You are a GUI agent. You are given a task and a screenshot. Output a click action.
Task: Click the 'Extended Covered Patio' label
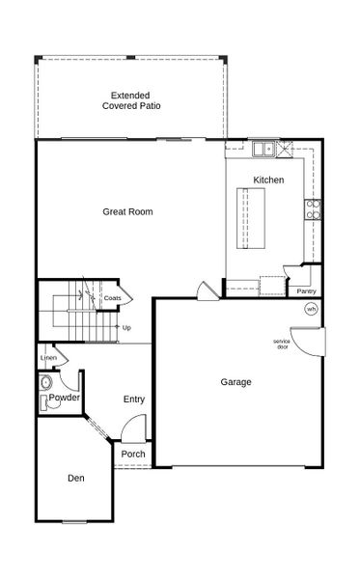click(134, 100)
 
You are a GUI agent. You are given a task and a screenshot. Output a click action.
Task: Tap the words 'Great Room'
click(128, 211)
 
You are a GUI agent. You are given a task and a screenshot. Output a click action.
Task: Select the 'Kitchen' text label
click(268, 180)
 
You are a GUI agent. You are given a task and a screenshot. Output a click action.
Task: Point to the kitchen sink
click(263, 150)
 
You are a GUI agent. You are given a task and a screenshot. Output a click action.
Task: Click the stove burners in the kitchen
click(311, 209)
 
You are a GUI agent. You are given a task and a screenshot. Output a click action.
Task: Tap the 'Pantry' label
click(306, 290)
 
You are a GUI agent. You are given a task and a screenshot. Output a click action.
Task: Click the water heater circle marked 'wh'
click(311, 309)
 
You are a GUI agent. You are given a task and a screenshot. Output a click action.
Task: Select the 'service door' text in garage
click(281, 344)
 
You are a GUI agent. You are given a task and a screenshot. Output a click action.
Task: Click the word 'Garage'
click(235, 382)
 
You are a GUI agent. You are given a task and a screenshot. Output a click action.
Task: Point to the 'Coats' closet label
click(112, 298)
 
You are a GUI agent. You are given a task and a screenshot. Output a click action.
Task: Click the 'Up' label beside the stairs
click(126, 327)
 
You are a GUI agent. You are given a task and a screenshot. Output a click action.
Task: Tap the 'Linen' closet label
click(48, 358)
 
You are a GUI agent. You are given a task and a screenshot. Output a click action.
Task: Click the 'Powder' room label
click(64, 398)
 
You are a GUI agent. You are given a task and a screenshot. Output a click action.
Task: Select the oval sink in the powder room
click(46, 383)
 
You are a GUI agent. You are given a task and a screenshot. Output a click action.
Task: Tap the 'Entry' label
click(134, 399)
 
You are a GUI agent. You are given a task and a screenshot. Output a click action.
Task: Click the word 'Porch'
click(133, 455)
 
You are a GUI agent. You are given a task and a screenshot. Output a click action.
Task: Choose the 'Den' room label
click(75, 478)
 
